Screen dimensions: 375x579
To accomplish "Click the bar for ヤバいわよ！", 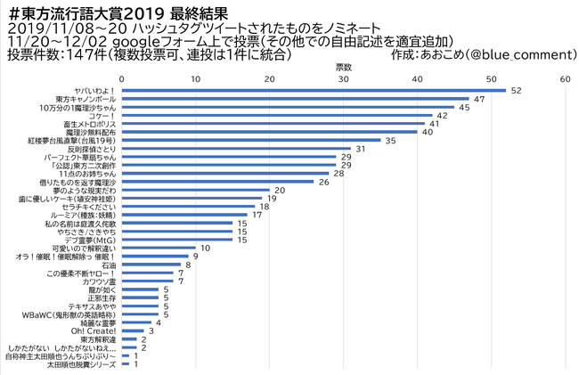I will point(314,90).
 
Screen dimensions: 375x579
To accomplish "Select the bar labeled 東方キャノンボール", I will point(295,98).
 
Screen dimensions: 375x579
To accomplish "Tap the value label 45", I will point(463,107).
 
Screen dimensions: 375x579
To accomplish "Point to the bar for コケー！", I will point(276,115).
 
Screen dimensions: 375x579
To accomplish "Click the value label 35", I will point(389,140).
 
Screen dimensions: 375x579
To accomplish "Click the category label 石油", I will point(109,265).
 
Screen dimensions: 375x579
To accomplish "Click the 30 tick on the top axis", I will point(343,78).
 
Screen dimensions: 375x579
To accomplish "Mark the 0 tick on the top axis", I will point(121,78).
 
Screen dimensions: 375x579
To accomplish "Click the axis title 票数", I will point(343,67).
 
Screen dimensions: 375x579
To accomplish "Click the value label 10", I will point(205,248).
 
